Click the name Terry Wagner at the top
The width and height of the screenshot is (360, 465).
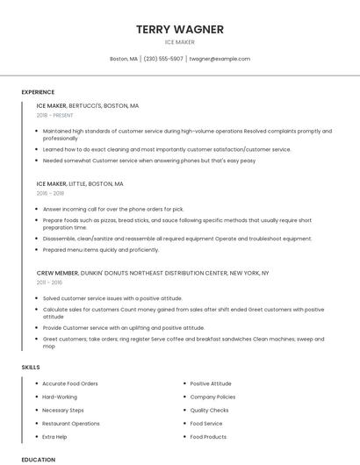pyautogui.click(x=180, y=29)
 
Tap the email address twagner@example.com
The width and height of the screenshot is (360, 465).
pyautogui.click(x=220, y=59)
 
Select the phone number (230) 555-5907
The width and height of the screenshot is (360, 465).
pyautogui.click(x=163, y=59)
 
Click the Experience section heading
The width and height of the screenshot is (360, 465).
pyautogui.click(x=38, y=92)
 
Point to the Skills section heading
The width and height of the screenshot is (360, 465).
pyautogui.click(x=31, y=367)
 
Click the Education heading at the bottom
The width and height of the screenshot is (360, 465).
pyautogui.click(x=38, y=459)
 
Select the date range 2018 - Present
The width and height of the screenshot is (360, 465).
pyautogui.click(x=56, y=115)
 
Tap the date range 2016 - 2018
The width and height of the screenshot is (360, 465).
pyautogui.click(x=50, y=193)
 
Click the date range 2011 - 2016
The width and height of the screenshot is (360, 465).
pyautogui.click(x=49, y=283)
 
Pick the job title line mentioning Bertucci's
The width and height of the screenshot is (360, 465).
pyautogui.click(x=88, y=105)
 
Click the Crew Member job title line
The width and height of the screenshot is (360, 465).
pyautogui.click(x=153, y=273)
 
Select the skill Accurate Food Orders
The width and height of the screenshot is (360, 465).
pyautogui.click(x=70, y=383)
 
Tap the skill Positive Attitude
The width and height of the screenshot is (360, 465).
pyautogui.click(x=211, y=383)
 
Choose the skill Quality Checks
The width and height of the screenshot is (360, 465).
pyautogui.click(x=209, y=410)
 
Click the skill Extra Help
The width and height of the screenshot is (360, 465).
pyautogui.click(x=54, y=436)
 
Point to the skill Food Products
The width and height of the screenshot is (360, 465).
pyautogui.click(x=208, y=436)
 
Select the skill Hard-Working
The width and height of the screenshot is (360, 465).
pyautogui.click(x=60, y=397)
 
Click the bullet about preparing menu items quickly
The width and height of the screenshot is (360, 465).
pyautogui.click(x=101, y=249)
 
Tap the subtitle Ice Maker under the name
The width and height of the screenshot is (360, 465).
pyautogui.click(x=180, y=42)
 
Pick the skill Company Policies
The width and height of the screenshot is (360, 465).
pyautogui.click(x=212, y=397)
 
